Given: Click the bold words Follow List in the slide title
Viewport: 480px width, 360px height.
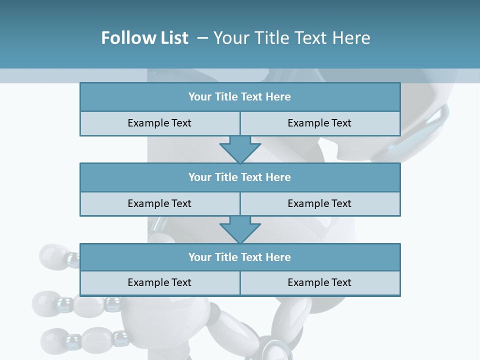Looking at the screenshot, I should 144,38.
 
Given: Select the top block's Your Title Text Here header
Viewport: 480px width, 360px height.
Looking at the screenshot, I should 239,97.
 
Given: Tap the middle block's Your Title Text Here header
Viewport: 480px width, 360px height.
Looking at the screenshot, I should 239,177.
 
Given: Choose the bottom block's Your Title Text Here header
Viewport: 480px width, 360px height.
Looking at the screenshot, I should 239,257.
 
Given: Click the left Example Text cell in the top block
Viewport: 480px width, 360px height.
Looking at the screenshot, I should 159,123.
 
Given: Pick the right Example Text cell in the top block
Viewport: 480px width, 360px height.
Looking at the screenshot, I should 319,123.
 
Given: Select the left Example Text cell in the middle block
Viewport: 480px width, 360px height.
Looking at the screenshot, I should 159,203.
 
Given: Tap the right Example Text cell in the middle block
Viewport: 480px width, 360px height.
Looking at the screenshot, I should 319,203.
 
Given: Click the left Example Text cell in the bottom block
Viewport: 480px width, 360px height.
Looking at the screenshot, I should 159,282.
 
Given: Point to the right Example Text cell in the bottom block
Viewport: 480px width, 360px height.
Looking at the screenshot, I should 319,282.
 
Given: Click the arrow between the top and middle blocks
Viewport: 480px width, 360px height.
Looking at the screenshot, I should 240,149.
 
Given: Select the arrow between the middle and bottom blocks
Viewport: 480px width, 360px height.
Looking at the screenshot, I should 240,229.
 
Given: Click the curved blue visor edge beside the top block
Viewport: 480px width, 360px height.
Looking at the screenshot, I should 425,135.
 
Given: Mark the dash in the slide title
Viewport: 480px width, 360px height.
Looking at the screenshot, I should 202,38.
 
